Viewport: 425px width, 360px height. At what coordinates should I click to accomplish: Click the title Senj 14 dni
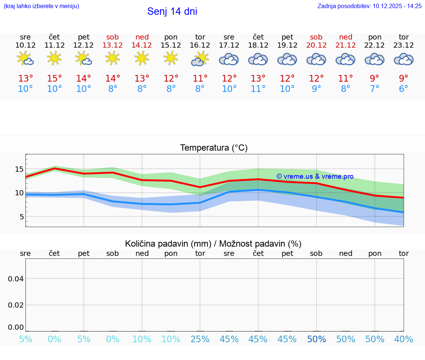click(x=172, y=11)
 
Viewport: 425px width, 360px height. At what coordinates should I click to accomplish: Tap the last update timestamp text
click(x=369, y=6)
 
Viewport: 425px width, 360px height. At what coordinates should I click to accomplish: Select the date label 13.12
click(x=113, y=45)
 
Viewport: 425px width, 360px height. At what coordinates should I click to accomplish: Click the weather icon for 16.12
click(x=200, y=59)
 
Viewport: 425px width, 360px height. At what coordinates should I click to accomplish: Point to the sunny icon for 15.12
click(x=171, y=58)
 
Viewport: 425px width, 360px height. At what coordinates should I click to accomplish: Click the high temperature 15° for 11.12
click(x=55, y=79)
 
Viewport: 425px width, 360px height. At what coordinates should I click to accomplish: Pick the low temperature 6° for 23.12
click(x=404, y=89)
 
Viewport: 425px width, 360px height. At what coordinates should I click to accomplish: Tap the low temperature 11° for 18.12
click(x=258, y=89)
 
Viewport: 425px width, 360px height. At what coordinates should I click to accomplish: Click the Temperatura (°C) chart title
click(x=214, y=148)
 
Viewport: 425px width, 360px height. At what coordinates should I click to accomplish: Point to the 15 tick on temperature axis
click(x=19, y=169)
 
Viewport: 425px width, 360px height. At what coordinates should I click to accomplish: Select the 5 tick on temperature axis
click(x=22, y=217)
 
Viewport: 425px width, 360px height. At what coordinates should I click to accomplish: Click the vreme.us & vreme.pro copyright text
click(x=315, y=176)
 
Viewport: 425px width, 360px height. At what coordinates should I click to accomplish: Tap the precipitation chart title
click(x=213, y=244)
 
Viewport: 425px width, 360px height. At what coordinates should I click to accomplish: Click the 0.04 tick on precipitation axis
click(x=16, y=279)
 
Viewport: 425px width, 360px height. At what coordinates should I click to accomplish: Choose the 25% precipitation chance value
click(x=200, y=339)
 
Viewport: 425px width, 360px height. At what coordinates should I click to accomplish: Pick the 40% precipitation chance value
click(x=404, y=339)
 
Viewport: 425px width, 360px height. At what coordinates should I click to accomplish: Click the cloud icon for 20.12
click(x=316, y=59)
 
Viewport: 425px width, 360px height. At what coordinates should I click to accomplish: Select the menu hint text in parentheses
click(x=41, y=6)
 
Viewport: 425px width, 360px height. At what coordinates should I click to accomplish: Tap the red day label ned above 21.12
click(x=346, y=37)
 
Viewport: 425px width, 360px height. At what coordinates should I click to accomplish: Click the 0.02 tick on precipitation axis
click(x=16, y=305)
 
